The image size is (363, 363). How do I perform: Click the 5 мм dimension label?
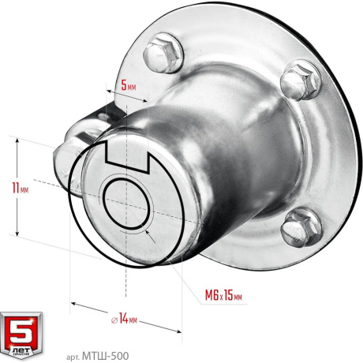(x=129, y=85)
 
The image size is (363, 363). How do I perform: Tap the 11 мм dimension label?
(x=21, y=188)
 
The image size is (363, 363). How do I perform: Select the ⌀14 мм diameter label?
(x=124, y=319)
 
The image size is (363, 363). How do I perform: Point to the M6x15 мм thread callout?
(x=223, y=295)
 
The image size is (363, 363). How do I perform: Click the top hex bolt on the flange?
(x=163, y=53)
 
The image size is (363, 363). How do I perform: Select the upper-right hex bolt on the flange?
(x=301, y=80)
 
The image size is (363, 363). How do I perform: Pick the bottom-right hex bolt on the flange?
(x=301, y=226)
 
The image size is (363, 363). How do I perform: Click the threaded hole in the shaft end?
(x=125, y=203)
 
